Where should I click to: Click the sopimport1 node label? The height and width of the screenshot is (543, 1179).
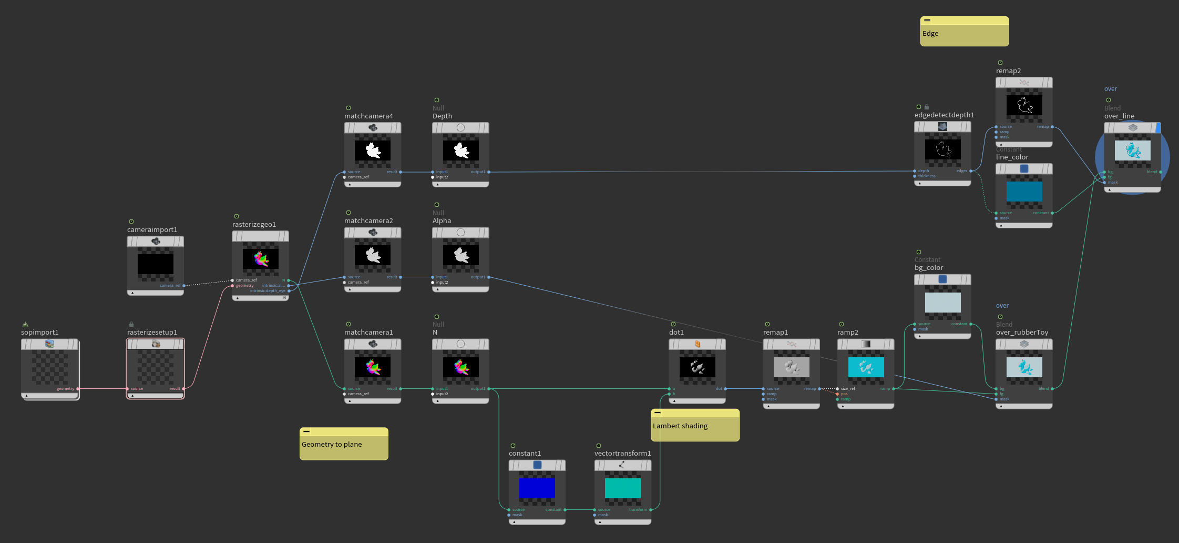click(x=40, y=333)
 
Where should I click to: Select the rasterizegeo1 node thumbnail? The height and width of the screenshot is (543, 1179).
click(x=261, y=259)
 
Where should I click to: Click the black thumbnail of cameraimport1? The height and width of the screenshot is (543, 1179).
click(x=156, y=264)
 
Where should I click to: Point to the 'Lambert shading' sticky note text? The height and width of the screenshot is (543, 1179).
click(x=680, y=426)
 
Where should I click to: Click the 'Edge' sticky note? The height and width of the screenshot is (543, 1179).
click(x=964, y=34)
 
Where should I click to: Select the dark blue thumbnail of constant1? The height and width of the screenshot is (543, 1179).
click(x=537, y=488)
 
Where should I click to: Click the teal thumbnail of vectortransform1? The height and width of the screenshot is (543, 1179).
click(x=623, y=488)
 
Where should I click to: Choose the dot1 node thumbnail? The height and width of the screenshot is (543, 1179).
click(x=697, y=367)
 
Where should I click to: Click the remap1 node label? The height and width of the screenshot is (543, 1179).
click(x=775, y=333)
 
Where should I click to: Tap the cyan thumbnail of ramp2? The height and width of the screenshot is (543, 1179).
click(x=866, y=367)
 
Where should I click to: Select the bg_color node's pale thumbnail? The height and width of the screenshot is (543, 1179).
click(x=943, y=303)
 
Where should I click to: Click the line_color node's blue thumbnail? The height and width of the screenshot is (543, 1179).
click(x=1024, y=192)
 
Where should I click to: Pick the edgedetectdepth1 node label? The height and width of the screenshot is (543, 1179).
click(x=944, y=115)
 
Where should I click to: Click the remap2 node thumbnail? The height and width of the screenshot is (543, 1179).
click(x=1024, y=105)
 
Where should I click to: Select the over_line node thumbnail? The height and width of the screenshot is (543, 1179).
click(x=1133, y=151)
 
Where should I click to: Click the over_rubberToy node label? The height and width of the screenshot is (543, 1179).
click(x=1022, y=333)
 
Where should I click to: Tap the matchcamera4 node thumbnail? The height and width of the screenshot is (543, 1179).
click(x=373, y=150)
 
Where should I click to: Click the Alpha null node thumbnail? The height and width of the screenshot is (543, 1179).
click(x=460, y=256)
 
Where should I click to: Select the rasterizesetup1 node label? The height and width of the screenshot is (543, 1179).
click(x=152, y=333)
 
